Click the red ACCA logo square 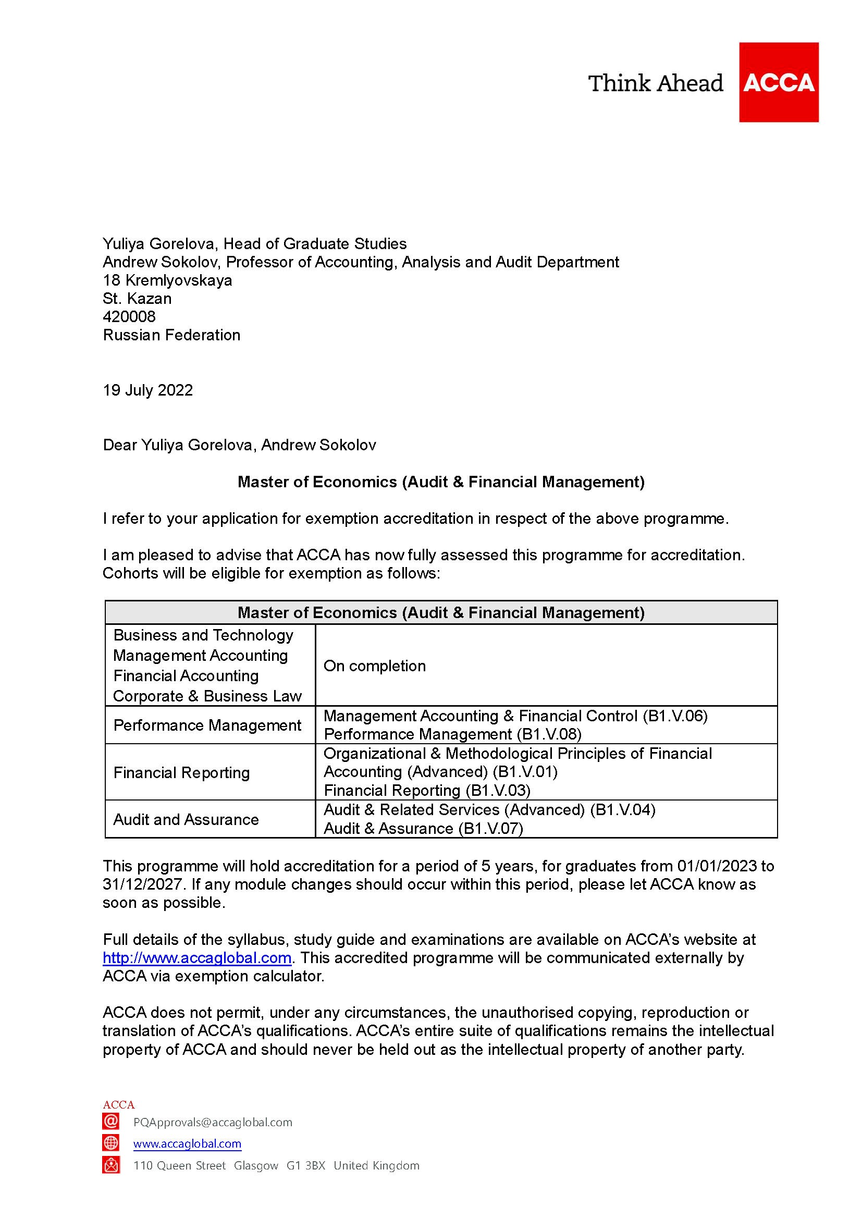(x=778, y=82)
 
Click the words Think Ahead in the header (x=656, y=84)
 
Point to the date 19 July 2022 (x=147, y=390)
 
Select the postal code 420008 (x=129, y=317)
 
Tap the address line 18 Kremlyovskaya (x=167, y=280)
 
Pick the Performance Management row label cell (x=207, y=725)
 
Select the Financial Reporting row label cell (x=181, y=772)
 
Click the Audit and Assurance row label (x=186, y=819)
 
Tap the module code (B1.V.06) (x=674, y=716)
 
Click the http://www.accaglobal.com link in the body (x=197, y=958)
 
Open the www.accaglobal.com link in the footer (x=187, y=1143)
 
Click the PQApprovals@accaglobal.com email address (x=212, y=1122)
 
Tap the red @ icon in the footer (x=111, y=1122)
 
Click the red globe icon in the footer (x=111, y=1143)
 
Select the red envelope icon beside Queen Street (x=111, y=1165)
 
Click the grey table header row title (x=440, y=613)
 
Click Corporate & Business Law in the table (x=207, y=696)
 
